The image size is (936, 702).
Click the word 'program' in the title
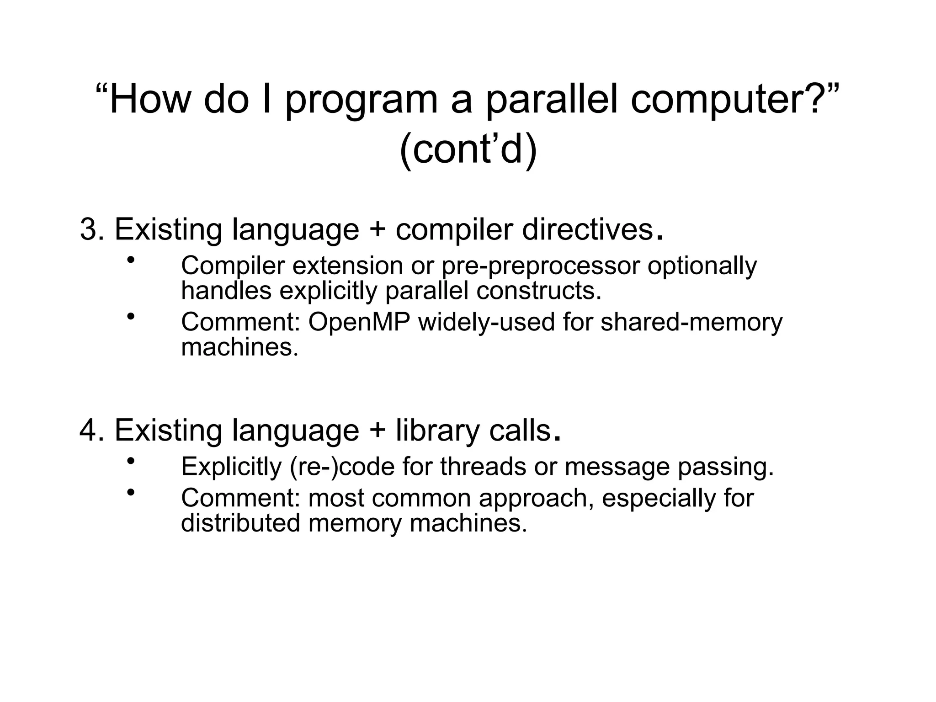(361, 101)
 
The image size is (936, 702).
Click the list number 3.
(89, 229)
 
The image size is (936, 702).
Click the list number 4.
(89, 430)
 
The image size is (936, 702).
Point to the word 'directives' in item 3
(587, 229)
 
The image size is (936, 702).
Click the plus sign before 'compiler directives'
(377, 230)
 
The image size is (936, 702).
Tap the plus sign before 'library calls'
(377, 431)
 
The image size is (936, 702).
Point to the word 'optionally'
(702, 266)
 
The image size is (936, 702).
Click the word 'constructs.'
(539, 291)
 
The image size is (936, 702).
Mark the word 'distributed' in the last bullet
(240, 523)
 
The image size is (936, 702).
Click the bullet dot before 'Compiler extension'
(131, 261)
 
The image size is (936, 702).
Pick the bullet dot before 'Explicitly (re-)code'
(131, 461)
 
